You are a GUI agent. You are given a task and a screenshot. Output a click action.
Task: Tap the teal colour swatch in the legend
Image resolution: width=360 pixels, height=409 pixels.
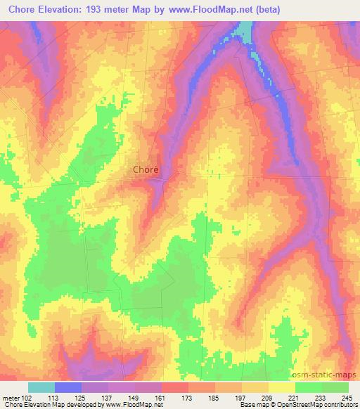[41, 387]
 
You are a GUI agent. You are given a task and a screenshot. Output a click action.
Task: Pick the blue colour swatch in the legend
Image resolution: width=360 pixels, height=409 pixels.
[68, 387]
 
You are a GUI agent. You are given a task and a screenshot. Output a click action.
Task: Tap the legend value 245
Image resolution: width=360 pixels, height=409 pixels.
[348, 397]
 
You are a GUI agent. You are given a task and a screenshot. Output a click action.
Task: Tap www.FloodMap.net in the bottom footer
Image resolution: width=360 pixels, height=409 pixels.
[131, 405]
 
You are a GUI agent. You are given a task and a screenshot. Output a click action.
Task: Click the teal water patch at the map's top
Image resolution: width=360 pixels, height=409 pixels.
[245, 30]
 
